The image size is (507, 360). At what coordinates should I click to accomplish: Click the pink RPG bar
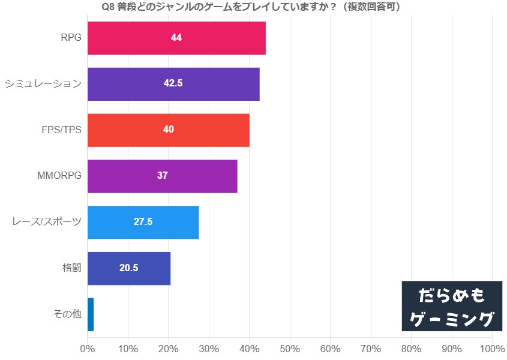(216, 38)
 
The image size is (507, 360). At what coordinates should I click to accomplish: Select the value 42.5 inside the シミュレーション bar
(173, 83)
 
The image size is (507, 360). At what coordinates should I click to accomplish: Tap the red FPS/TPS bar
(204, 130)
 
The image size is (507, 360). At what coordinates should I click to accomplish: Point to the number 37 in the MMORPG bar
(162, 176)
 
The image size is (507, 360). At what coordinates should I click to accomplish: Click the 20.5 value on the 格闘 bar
(128, 268)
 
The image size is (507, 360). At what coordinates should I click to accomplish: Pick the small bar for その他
(91, 314)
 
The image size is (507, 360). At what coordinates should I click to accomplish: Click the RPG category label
(71, 38)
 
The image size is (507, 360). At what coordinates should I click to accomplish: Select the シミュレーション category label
(43, 84)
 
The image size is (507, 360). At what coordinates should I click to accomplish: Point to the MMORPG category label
(59, 176)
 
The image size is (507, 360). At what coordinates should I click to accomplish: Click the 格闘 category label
(71, 268)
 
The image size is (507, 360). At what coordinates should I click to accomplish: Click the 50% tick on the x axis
(290, 349)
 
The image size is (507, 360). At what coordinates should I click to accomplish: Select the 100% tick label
(492, 349)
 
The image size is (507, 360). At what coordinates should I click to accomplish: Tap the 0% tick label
(88, 349)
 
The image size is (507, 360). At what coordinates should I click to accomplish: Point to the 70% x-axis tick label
(371, 349)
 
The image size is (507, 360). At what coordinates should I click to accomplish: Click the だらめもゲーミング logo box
(452, 306)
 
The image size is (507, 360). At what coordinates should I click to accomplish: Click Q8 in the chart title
(109, 7)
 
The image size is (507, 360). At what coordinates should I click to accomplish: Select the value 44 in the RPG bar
(176, 38)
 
